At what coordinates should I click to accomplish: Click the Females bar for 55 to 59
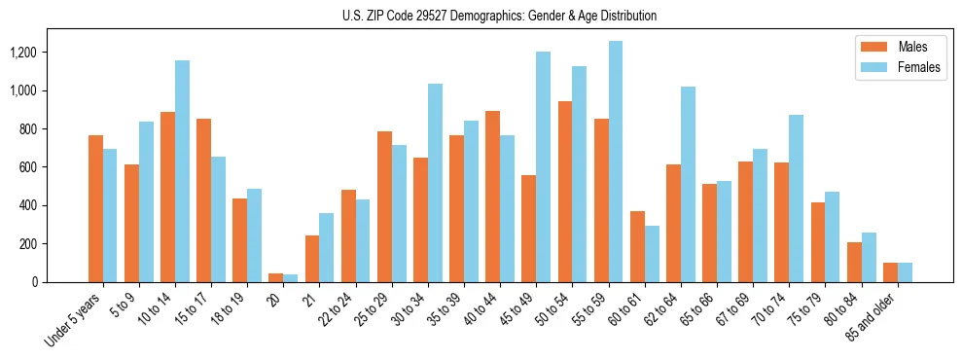click(616, 162)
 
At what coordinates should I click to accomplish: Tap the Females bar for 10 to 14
click(182, 171)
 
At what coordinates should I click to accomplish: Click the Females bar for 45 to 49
click(544, 166)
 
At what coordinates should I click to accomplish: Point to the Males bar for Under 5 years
click(95, 208)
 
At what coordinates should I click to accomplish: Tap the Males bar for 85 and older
click(890, 272)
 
